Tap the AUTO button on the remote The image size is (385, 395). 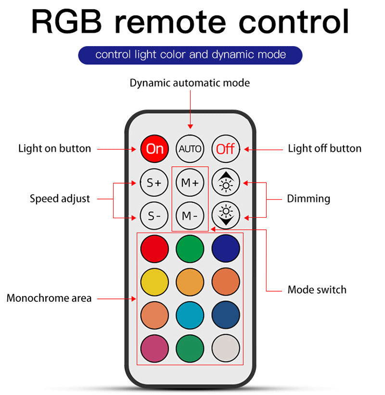coord(190,148)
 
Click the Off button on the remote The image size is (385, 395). coord(225,148)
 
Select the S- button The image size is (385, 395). coord(154,216)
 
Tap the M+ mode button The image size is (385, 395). coord(190,183)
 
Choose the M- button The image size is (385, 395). coord(190,216)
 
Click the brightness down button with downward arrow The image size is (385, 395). coord(225,216)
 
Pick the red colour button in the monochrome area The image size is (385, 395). coord(154,248)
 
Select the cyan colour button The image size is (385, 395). coord(190,314)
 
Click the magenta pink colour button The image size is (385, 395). coord(154,347)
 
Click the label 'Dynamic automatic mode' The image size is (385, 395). coord(190,83)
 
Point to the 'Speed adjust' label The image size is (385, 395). coord(60,199)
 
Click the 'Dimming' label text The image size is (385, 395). coord(308,199)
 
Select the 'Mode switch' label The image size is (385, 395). coord(317,290)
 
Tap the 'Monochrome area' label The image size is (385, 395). coord(49,298)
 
